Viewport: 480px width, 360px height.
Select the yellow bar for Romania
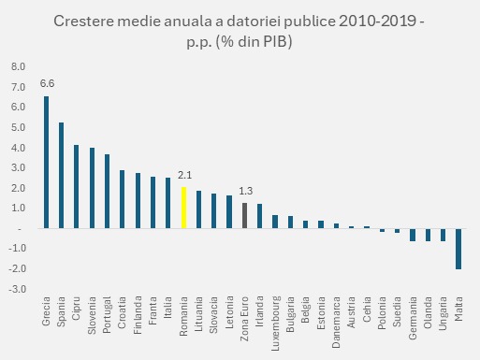coord(183,208)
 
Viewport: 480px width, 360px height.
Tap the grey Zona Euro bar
coord(244,215)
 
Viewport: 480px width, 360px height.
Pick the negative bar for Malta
coord(458,249)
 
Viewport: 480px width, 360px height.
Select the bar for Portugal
coord(107,191)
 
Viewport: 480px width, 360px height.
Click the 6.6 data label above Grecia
coord(46,83)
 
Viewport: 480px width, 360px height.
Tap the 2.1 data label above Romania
coord(183,174)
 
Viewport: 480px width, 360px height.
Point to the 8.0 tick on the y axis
coord(20,67)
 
